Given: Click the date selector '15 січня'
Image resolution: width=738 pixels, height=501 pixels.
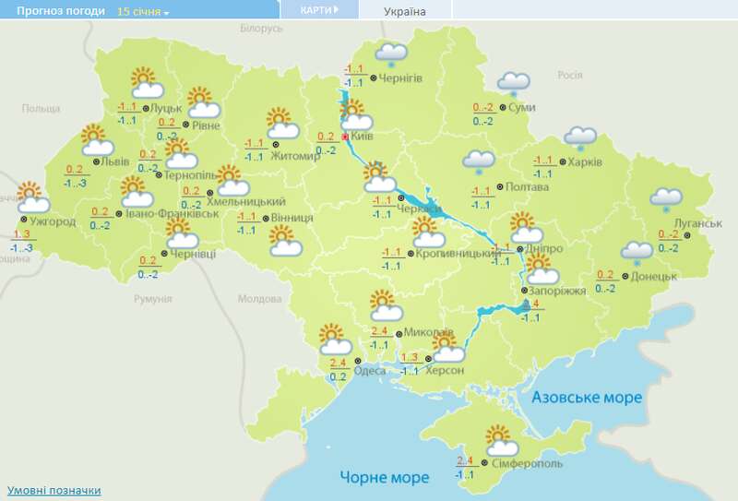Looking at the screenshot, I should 143,11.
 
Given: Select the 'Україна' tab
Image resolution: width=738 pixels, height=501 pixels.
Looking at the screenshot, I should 405,11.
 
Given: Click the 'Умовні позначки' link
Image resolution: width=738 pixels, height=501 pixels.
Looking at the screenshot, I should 54,490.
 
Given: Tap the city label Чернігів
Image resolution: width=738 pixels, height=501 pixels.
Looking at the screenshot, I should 400,78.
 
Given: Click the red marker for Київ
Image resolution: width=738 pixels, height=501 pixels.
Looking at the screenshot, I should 346,137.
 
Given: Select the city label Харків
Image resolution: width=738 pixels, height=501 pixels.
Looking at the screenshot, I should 586,162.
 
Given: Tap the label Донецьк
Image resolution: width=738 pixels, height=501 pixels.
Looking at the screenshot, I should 656,276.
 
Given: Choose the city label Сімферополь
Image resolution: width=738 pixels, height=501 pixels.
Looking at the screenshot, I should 527,462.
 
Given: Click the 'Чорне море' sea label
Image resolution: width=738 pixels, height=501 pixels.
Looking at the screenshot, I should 384,478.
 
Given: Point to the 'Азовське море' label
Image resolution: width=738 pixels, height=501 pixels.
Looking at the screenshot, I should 587,397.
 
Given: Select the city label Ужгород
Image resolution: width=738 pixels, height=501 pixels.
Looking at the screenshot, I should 53,222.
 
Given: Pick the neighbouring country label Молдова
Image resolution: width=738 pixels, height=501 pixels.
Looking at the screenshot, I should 258,299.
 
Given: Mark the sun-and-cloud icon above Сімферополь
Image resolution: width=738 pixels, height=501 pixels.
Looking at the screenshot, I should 499,439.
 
